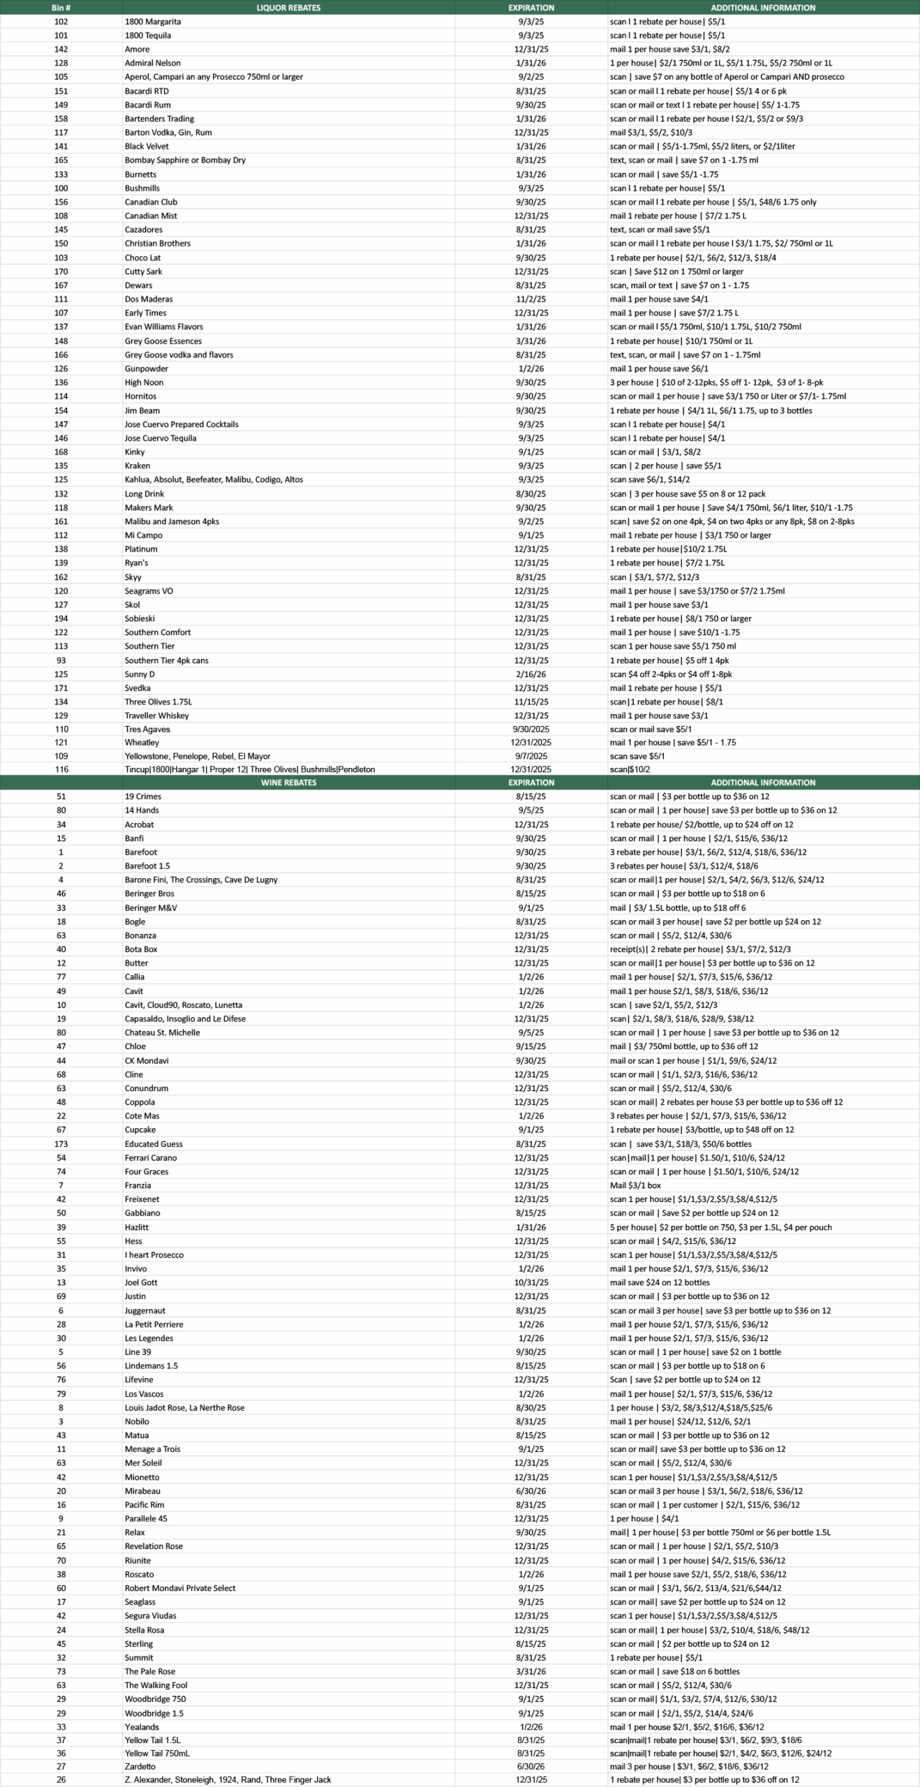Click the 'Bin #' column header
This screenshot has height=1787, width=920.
pos(61,8)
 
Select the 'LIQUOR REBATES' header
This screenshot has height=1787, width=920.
pos(288,8)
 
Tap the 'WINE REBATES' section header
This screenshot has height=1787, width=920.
pos(288,783)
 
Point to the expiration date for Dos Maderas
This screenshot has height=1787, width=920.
pos(531,299)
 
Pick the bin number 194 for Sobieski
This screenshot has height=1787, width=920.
pos(61,618)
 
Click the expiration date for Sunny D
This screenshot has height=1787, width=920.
pos(531,674)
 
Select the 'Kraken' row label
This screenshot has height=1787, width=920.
pos(137,466)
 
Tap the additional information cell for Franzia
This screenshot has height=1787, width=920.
pos(635,1185)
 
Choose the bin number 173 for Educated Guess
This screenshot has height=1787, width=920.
pos(61,1144)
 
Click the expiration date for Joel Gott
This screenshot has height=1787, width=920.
pos(531,1282)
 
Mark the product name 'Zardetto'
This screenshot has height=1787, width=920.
pos(140,1766)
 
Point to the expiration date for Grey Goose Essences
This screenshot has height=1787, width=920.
pos(531,341)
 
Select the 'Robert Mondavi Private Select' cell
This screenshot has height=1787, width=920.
pos(180,1588)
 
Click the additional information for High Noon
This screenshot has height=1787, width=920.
pos(716,383)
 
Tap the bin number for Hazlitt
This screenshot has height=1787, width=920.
pos(61,1227)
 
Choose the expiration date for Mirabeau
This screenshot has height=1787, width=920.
pos(531,1491)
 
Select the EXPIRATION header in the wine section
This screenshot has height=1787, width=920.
pos(531,783)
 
